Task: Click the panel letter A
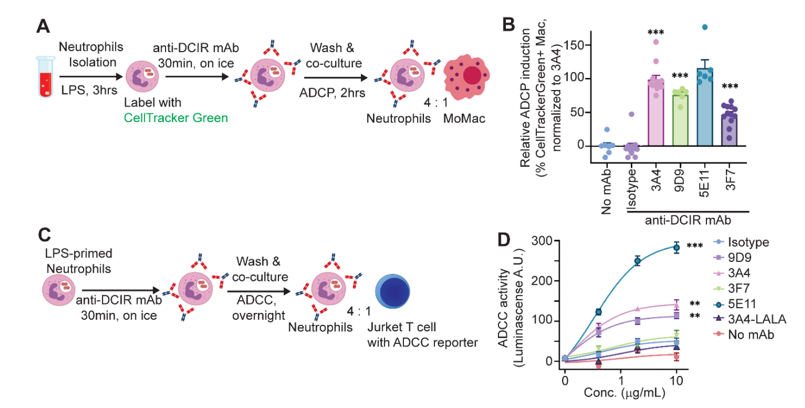[x=43, y=26]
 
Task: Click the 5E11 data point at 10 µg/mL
[x=677, y=248]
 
